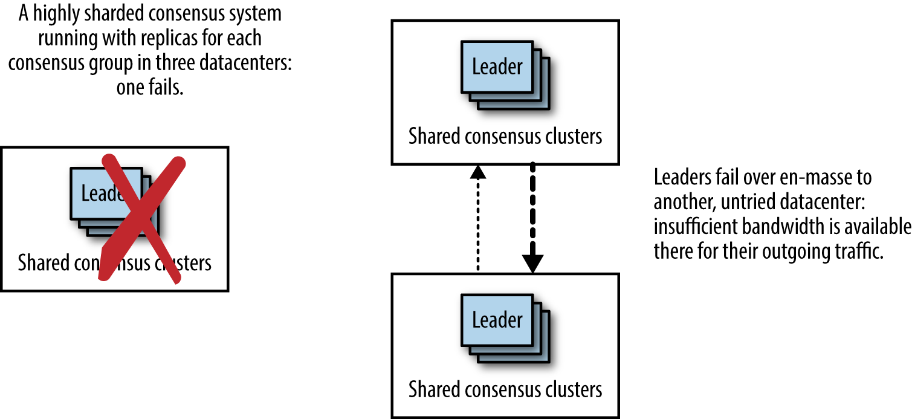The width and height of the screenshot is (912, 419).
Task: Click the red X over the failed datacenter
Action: point(140,218)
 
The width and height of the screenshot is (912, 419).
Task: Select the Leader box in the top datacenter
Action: point(497,67)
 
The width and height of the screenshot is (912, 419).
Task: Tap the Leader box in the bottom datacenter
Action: point(497,320)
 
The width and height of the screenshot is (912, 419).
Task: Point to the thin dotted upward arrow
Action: point(478,224)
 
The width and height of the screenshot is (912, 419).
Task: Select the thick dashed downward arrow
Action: point(533,206)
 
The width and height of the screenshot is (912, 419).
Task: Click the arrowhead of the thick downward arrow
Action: point(533,264)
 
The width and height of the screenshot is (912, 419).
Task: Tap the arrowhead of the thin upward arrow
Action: point(478,172)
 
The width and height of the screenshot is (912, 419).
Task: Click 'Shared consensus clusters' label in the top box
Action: point(505,136)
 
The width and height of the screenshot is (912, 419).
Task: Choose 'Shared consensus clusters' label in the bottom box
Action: point(505,389)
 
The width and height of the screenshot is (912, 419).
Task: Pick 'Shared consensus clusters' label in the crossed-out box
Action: point(115,263)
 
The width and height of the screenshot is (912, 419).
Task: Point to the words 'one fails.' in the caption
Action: point(149,88)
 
